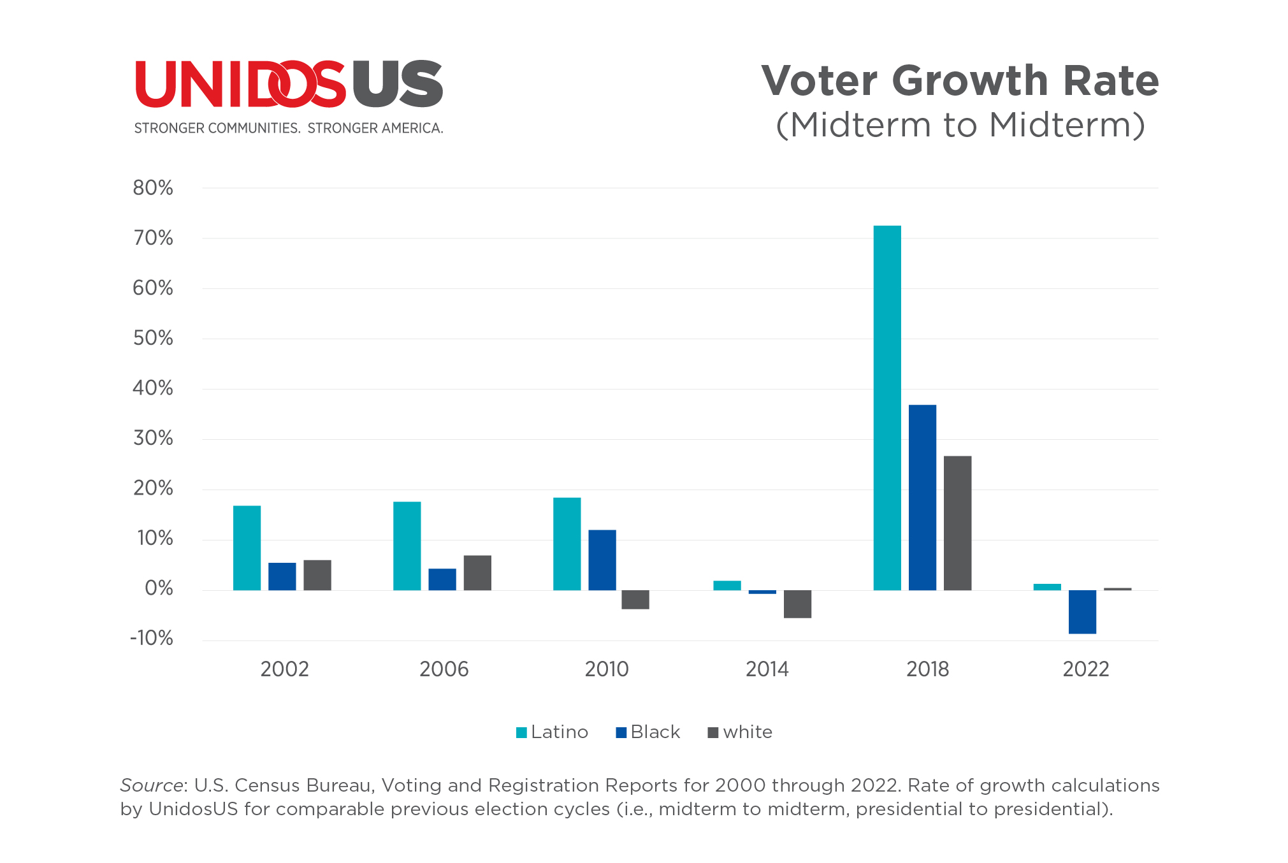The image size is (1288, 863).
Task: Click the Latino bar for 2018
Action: [x=887, y=408]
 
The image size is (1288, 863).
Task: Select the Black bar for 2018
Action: [x=922, y=497]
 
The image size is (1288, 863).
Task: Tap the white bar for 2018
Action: [x=957, y=523]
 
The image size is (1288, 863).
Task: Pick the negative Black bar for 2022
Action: [x=1082, y=612]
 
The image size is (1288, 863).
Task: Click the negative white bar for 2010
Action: [x=635, y=600]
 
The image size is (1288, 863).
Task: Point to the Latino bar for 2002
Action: [x=247, y=548]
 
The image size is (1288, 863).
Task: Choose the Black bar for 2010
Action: [x=602, y=560]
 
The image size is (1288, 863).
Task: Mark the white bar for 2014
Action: [x=797, y=604]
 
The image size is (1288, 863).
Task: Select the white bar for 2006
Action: [x=477, y=572]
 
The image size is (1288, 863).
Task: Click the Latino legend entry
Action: [x=552, y=732]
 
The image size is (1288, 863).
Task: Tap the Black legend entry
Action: [x=648, y=732]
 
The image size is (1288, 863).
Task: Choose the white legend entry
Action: [x=741, y=732]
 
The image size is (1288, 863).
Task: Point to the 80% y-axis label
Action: [x=153, y=188]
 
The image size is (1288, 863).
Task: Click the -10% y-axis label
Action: [x=152, y=638]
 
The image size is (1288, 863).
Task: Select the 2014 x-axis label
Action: [x=767, y=669]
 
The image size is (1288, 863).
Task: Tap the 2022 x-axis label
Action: [x=1086, y=669]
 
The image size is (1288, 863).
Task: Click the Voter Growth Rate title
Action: [x=960, y=81]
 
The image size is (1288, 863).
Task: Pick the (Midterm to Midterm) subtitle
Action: [x=960, y=125]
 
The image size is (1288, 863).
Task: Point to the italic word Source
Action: [x=152, y=785]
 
